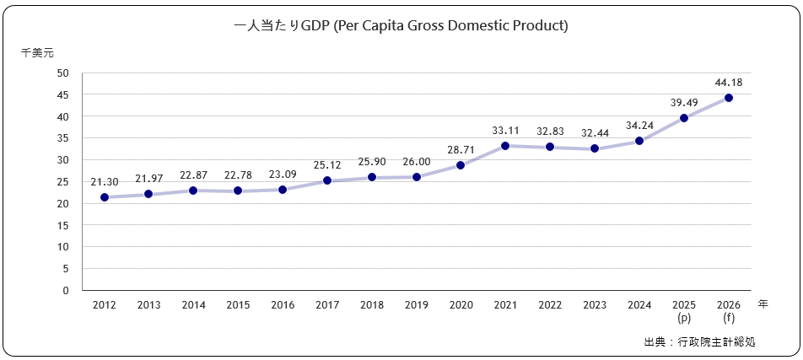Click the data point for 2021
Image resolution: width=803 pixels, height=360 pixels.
pyautogui.click(x=505, y=146)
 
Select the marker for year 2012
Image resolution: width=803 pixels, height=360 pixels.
pyautogui.click(x=105, y=197)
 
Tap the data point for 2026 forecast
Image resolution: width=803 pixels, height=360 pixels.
pyautogui.click(x=728, y=98)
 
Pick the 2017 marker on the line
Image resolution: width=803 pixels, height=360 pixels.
pyautogui.click(x=327, y=180)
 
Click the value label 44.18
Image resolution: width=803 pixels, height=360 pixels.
pyautogui.click(x=728, y=82)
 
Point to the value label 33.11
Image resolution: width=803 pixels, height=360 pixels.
pyautogui.click(x=505, y=131)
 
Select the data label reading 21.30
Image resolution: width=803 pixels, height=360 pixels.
pyautogui.click(x=105, y=181)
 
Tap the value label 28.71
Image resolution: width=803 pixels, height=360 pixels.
pyautogui.click(x=461, y=149)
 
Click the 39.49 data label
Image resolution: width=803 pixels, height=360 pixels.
pyautogui.click(x=684, y=102)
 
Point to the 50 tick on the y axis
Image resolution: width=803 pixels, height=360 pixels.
pyautogui.click(x=63, y=73)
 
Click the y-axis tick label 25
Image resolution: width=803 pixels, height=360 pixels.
pyautogui.click(x=63, y=181)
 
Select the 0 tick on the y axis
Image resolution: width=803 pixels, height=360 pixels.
pyautogui.click(x=66, y=290)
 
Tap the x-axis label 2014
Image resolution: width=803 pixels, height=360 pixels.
pyautogui.click(x=193, y=305)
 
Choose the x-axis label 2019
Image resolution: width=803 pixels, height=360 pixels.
pyautogui.click(x=416, y=305)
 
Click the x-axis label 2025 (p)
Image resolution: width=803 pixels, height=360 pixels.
pyautogui.click(x=684, y=311)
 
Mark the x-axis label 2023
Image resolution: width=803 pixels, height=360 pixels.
pyautogui.click(x=595, y=305)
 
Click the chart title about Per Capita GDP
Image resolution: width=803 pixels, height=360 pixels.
pyautogui.click(x=401, y=26)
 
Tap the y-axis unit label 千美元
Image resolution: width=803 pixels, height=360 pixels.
pyautogui.click(x=37, y=52)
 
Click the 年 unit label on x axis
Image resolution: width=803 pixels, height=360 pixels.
pyautogui.click(x=762, y=304)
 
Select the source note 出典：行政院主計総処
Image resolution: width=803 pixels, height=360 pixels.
pyautogui.click(x=699, y=342)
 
